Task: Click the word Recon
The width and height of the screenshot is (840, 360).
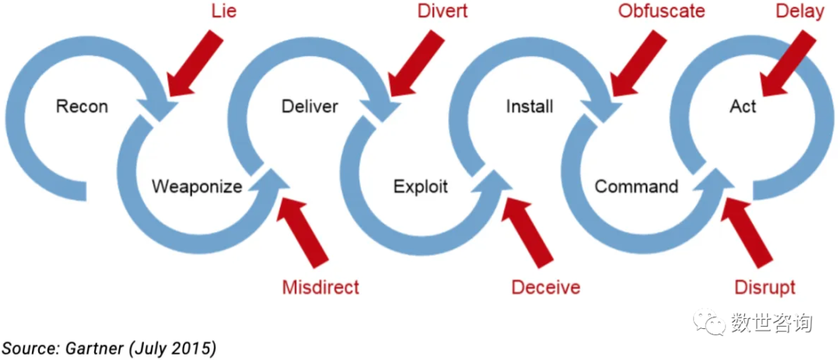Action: [82, 107]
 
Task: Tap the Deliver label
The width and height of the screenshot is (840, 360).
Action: [310, 107]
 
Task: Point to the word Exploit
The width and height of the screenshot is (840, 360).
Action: [421, 187]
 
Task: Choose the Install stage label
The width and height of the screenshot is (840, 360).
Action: [530, 107]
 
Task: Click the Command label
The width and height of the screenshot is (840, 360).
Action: [636, 187]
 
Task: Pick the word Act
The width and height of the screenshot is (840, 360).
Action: [743, 107]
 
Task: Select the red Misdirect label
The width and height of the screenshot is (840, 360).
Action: [320, 288]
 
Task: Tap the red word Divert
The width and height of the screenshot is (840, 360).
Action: [442, 12]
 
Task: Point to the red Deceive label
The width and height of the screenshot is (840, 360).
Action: [546, 288]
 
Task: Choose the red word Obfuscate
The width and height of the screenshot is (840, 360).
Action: [662, 12]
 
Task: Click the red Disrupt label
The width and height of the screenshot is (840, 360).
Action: [765, 288]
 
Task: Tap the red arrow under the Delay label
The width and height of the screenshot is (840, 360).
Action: [787, 62]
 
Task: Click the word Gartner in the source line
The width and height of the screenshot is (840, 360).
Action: [90, 348]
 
